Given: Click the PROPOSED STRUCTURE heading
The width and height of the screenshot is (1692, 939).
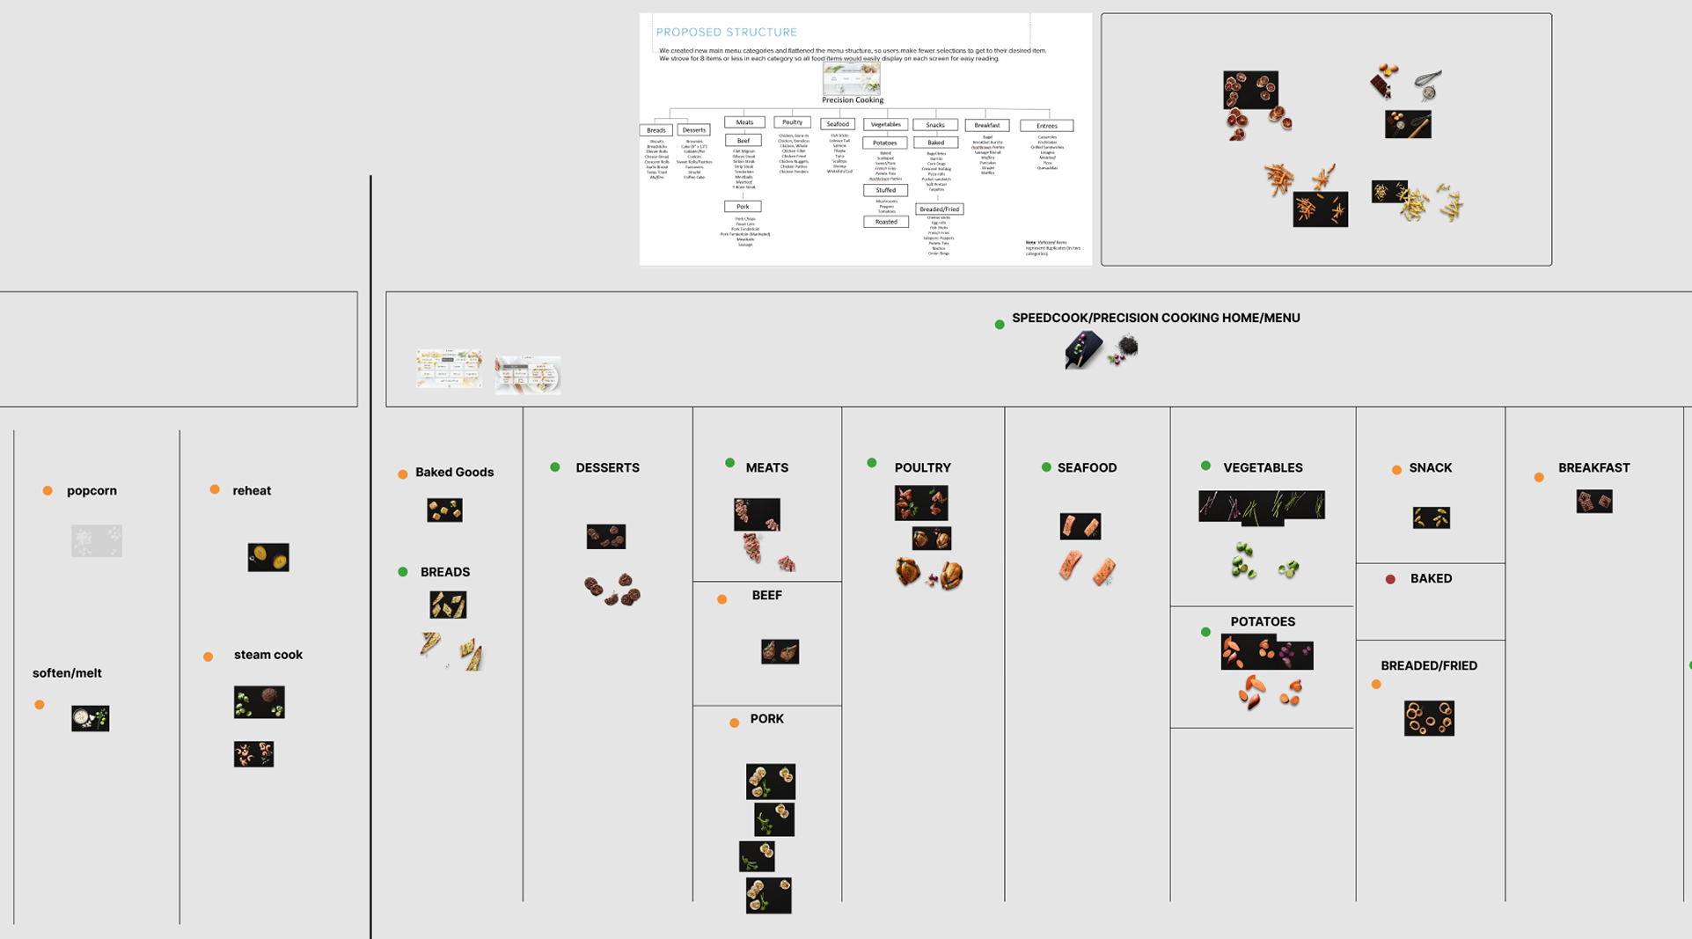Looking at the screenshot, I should [726, 33].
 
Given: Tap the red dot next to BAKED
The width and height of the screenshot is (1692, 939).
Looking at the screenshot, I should [1390, 579].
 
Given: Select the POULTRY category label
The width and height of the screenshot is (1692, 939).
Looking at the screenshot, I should [922, 468].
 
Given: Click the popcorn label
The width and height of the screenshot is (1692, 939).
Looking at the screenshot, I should [92, 491].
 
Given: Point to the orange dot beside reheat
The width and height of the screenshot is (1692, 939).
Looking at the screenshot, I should [215, 490].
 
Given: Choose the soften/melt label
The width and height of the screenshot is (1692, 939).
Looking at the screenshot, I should [67, 673].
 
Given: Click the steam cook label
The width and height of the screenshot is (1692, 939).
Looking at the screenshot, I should [267, 655].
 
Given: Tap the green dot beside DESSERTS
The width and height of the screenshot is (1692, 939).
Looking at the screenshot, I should [555, 467].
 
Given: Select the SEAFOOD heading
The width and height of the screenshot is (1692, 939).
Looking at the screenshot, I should [1087, 468].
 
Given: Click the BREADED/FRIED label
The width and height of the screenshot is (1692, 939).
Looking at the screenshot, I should [1428, 666].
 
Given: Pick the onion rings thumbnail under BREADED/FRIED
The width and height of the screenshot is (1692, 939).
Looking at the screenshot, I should [1428, 718].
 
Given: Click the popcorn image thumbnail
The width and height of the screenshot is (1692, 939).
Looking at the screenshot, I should [97, 540].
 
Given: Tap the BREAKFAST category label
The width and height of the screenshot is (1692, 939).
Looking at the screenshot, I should [1593, 468].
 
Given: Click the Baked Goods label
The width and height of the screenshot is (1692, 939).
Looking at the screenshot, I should [454, 473].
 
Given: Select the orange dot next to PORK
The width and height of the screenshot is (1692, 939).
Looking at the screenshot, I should [734, 723].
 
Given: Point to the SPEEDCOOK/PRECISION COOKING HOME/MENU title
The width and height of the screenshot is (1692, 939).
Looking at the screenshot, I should [1155, 319].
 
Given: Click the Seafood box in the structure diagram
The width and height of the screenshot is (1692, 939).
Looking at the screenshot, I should [837, 125].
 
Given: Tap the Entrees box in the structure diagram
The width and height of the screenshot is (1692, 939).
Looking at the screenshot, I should [1046, 126].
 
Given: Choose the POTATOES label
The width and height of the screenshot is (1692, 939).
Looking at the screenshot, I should [1262, 622].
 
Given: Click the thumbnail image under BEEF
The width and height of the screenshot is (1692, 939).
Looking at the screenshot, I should [780, 651].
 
